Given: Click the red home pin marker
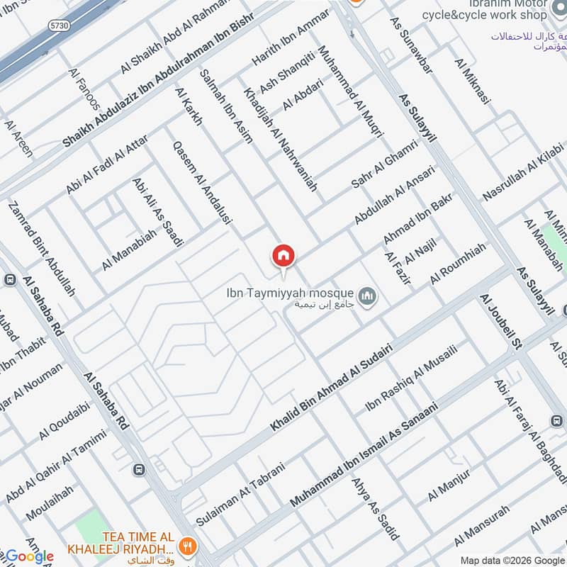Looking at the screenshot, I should (283, 256).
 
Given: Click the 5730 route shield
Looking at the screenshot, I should (58, 26).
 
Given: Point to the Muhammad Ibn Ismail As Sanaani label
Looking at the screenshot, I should (364, 454).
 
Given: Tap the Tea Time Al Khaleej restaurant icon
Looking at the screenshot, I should (187, 545).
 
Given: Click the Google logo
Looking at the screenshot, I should (29, 556).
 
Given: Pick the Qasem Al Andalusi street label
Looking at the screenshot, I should (203, 182).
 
